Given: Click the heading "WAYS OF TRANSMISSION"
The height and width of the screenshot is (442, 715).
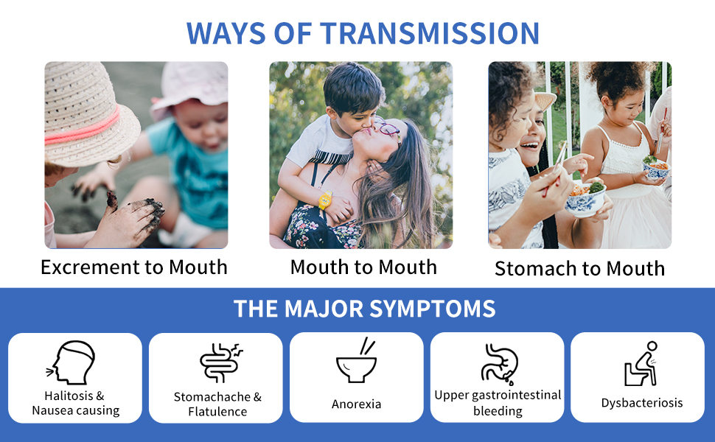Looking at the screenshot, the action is (x=363, y=33).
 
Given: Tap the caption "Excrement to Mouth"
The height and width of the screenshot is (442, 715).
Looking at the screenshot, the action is (x=134, y=267).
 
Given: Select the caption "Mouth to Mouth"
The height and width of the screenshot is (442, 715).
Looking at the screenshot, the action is (x=363, y=267).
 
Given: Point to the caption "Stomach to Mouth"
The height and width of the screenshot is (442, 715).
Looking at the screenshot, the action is (x=579, y=268).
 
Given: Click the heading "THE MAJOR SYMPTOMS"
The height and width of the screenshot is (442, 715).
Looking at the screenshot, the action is (x=364, y=309).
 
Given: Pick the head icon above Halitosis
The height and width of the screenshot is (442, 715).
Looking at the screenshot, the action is (x=71, y=362).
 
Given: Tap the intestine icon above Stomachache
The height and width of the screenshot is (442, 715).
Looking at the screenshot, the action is (x=220, y=362).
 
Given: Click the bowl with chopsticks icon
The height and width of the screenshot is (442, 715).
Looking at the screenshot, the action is (x=357, y=360).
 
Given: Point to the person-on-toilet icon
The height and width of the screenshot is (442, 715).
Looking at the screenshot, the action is (x=641, y=364).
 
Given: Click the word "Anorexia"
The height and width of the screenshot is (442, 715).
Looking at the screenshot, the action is (x=356, y=404).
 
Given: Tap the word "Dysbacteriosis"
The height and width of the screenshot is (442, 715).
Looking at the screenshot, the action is (x=642, y=403).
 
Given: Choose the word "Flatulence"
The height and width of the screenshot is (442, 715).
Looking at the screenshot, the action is (x=217, y=412).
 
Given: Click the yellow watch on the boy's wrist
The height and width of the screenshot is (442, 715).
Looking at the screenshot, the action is (x=326, y=200).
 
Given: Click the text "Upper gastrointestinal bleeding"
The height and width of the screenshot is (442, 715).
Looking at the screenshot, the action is (x=498, y=403).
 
